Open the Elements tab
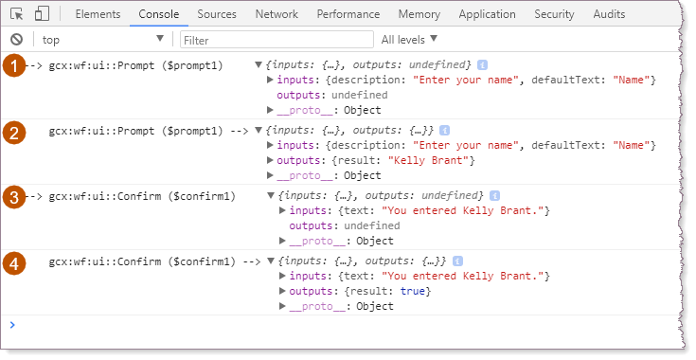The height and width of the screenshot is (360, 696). [97, 14]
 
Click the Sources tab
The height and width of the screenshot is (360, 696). [217, 14]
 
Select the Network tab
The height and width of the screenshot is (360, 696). [277, 14]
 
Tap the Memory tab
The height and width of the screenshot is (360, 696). [419, 14]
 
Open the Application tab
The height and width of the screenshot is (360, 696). [488, 14]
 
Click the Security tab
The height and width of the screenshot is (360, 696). [554, 14]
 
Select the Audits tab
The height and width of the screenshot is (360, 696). [609, 14]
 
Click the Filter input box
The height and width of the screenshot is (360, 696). [276, 39]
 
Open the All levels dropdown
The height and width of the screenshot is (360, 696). [409, 39]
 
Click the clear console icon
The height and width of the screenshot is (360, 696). [16, 39]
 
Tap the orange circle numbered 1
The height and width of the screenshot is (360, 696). [15, 65]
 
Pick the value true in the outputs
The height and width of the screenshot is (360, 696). [412, 291]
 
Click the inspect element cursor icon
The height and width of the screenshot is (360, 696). [17, 14]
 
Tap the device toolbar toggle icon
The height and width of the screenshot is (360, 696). [42, 14]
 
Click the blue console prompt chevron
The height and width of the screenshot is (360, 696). [11, 325]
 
